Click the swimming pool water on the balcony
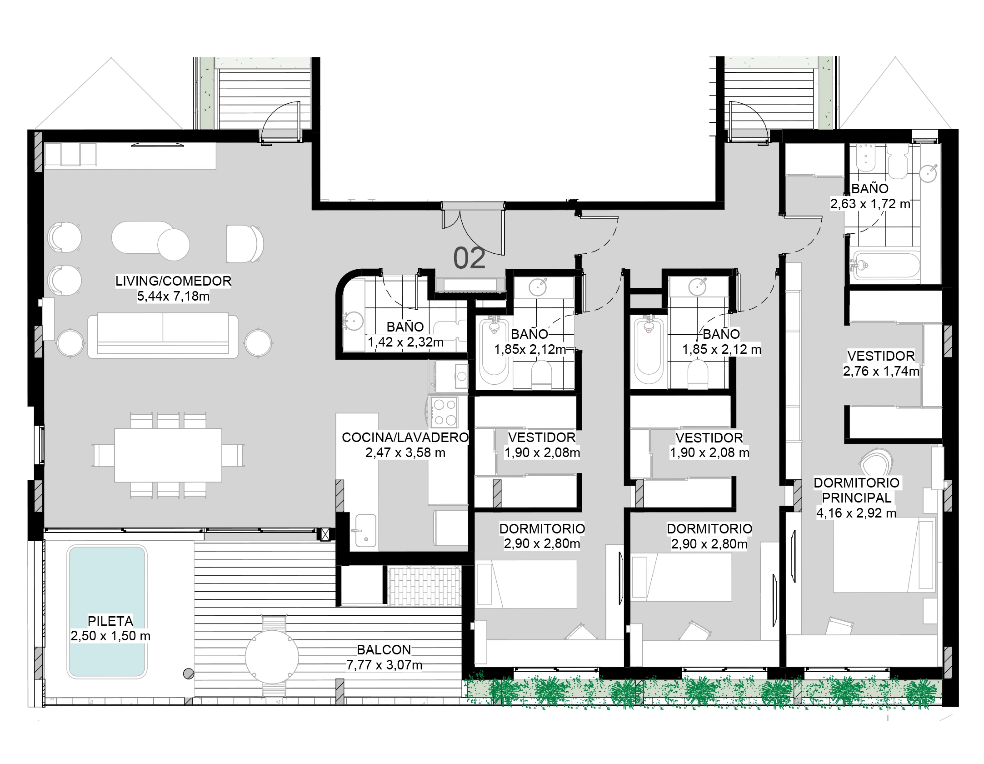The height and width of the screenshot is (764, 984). click(107, 611)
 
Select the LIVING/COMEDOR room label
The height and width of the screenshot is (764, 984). click(173, 281)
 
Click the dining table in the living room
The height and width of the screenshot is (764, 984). click(168, 455)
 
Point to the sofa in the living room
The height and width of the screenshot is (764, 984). click(163, 335)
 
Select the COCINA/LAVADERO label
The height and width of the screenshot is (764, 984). click(405, 437)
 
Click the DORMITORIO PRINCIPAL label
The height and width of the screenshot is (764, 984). click(856, 490)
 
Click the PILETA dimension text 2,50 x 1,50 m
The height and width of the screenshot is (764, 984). click(110, 636)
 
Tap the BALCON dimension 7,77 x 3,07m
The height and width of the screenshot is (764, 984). click(385, 665)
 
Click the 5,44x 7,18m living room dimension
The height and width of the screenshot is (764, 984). click(173, 297)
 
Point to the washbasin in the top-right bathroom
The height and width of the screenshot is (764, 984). click(928, 172)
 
